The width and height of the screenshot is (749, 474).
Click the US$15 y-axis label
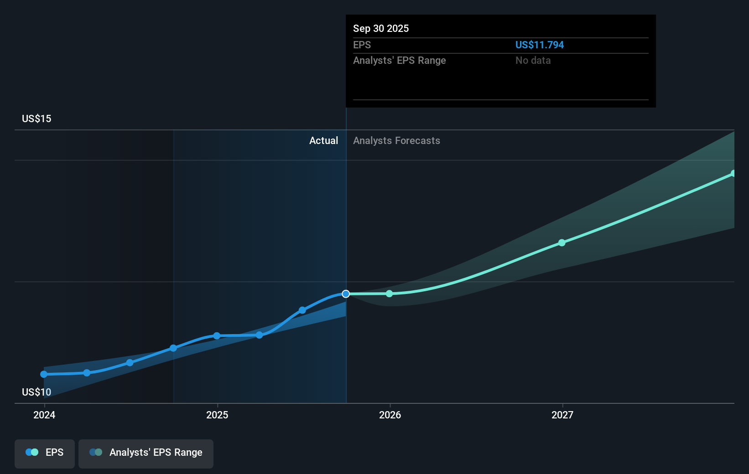pos(36,118)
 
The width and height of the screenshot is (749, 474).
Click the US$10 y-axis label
pos(36,392)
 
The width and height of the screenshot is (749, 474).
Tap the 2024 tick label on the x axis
pos(44,415)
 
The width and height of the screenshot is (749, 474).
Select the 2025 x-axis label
pos(217,415)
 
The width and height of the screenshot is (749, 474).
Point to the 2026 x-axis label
pos(390,415)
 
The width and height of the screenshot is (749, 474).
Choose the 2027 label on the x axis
pos(562,415)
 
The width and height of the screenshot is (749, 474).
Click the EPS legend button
pos(45,453)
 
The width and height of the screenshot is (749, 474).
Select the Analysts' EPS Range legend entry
pos(146,453)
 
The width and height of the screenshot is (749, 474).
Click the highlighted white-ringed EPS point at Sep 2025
pos(346,294)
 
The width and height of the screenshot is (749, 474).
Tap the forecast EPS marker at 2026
pos(389,294)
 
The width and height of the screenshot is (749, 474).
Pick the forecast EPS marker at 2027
pos(562,243)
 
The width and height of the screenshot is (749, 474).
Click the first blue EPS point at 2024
pos(44,374)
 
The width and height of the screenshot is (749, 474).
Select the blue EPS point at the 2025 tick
pos(217,336)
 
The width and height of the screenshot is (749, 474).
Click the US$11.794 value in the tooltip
pos(539,45)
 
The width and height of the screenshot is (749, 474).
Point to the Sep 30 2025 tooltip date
pos(381,28)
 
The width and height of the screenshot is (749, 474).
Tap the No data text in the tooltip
pos(533,60)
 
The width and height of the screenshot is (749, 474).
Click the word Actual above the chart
pos(323,140)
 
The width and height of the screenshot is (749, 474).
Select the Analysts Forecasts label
pos(396,140)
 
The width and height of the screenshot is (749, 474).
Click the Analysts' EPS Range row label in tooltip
pos(399,60)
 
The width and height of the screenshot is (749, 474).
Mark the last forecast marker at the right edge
pos(733,174)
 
